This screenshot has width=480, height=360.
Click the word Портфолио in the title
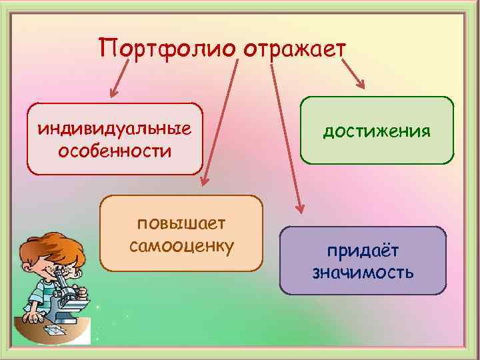[x=167, y=49]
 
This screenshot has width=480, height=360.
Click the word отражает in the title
[x=295, y=49]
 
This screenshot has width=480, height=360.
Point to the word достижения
[x=377, y=131]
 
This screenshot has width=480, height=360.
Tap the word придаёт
[x=363, y=250]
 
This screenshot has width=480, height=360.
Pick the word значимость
[x=363, y=272]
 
